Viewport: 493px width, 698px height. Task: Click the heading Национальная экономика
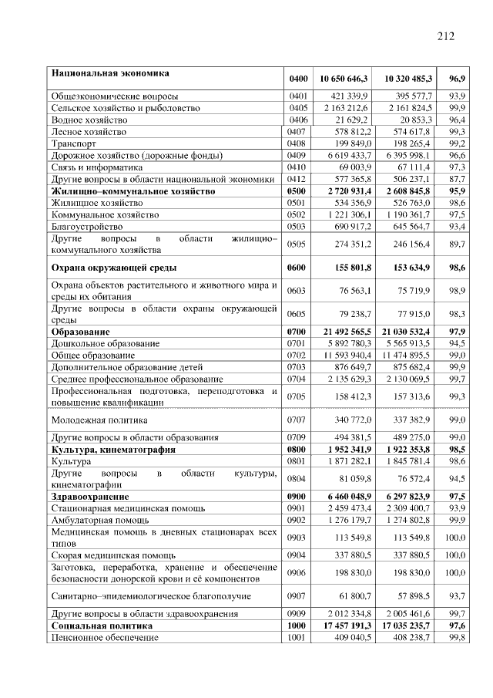pos(111,74)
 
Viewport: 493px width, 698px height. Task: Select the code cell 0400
pos(298,79)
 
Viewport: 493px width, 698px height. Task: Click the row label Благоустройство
pos(87,227)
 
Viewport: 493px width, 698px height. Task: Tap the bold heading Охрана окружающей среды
pos(114,268)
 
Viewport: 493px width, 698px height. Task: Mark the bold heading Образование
pos(80,331)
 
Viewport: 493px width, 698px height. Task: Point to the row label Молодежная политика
pos(99,420)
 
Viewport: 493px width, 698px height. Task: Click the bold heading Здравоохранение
pos(90,497)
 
